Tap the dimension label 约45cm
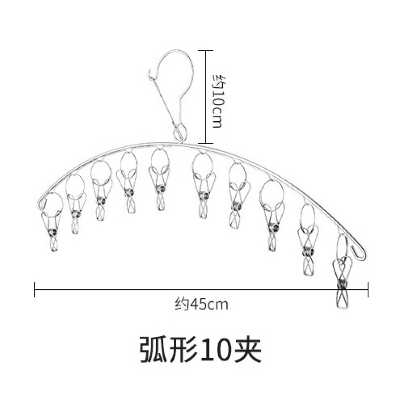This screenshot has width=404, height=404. [201, 305]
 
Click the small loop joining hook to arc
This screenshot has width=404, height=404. [179, 134]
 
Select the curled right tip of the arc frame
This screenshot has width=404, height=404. [360, 252]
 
